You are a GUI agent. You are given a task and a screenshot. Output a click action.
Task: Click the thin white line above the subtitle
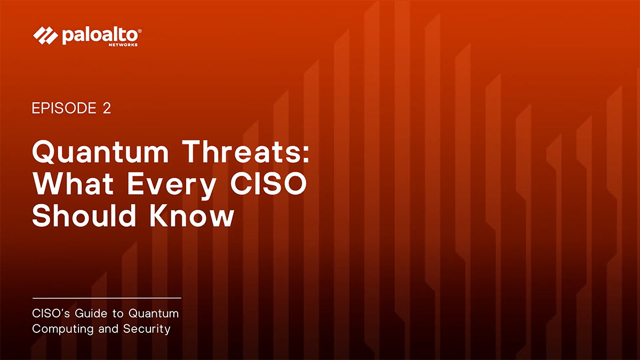click(107, 298)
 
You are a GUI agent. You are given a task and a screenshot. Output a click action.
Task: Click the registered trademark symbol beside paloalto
click(140, 31)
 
